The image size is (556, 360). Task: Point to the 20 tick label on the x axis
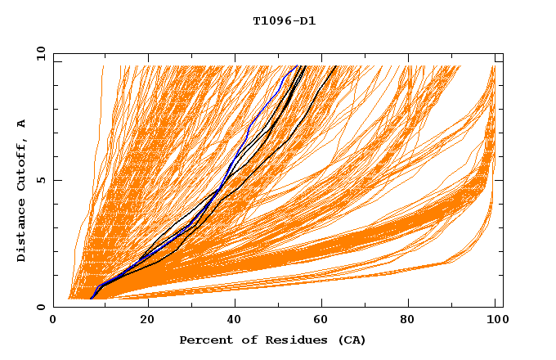pos(147,322)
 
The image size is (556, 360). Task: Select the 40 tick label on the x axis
pos(235,322)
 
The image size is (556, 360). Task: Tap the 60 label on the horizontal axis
pos(324,322)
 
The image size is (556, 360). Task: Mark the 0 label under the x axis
pos(53,322)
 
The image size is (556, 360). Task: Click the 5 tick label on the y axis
pos(39,180)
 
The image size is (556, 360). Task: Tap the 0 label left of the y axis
pos(39,307)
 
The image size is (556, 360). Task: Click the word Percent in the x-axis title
pos(203,340)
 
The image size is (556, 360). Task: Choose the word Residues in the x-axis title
pos(281,340)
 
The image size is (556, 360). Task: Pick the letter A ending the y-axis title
pos(22,124)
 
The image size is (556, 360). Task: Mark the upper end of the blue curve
pos(296,65)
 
